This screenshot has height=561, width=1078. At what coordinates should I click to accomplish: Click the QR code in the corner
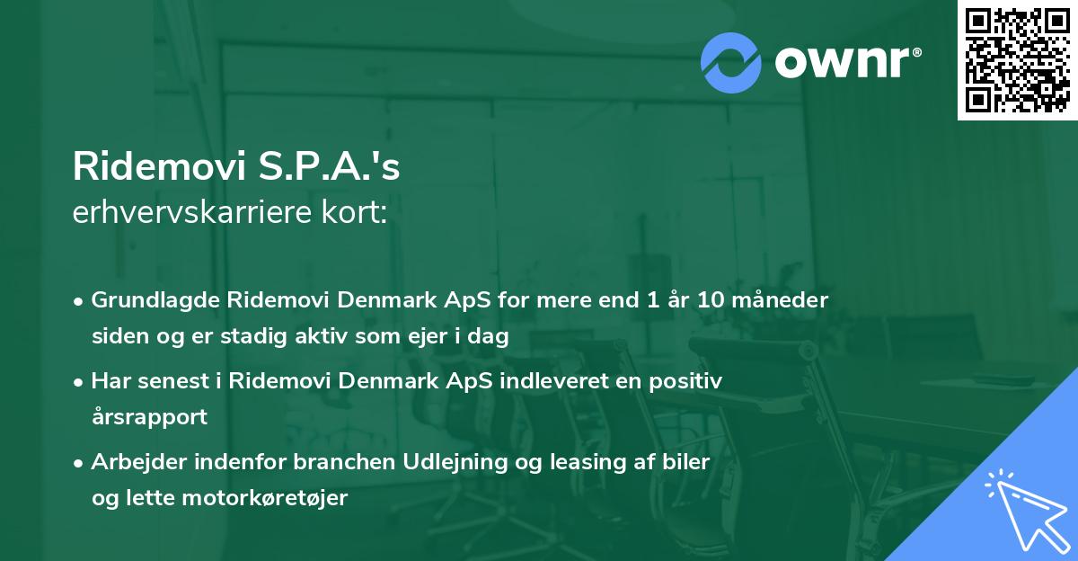[1017, 60]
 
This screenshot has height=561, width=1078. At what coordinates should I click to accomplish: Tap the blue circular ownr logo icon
[731, 63]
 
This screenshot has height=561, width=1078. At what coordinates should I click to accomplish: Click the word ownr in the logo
[847, 63]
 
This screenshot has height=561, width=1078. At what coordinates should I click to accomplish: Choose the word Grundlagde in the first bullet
[150, 299]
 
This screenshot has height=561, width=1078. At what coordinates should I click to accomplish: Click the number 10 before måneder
[697, 299]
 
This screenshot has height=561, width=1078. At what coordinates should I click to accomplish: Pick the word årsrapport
[149, 417]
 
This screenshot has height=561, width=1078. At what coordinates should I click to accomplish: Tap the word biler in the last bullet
[687, 461]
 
